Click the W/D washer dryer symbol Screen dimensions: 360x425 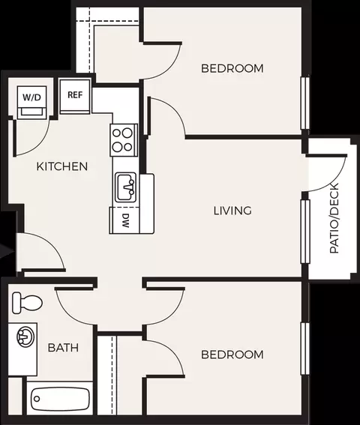31,102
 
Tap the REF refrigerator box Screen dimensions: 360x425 75,96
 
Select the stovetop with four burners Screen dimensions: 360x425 124,140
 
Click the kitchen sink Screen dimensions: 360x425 125,187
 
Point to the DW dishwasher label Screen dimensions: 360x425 124,220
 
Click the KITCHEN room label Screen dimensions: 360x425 62,166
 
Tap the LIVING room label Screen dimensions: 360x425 232,211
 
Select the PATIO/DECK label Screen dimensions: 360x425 334,218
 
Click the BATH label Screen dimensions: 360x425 63,348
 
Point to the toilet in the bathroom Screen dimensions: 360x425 27,303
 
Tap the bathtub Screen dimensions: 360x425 60,399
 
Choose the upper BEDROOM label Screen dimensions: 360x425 232,68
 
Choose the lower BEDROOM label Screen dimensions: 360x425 232,355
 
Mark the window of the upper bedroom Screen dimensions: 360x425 305,103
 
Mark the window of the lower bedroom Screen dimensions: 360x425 305,349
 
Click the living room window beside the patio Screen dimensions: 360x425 305,231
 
